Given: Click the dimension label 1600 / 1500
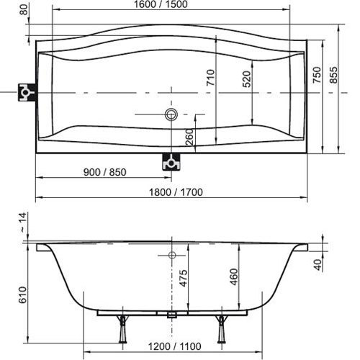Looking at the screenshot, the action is tap(161, 4).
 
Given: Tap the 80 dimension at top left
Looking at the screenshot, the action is tap(24, 10).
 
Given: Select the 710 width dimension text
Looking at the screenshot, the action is tap(211, 77).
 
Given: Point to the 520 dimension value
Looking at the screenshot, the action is tap(247, 79).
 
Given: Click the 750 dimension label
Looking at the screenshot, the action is tap(317, 75).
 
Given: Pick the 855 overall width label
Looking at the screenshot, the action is tap(333, 75).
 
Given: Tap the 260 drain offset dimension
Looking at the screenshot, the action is tap(189, 137).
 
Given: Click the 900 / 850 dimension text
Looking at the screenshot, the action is tap(105, 172).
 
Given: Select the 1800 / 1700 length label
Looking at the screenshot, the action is tap(176, 192).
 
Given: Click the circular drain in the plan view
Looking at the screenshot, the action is tap(171, 114).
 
